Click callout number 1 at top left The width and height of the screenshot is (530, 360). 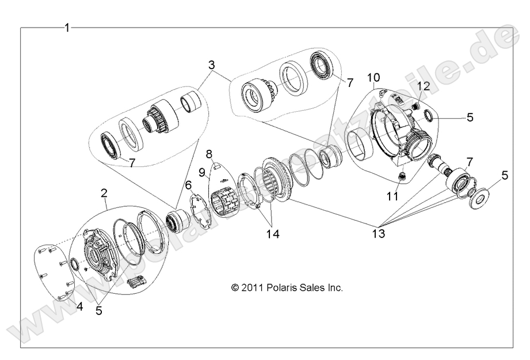coord(67,28)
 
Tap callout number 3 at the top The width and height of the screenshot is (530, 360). coord(212,65)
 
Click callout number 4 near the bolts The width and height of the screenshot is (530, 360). coord(80,307)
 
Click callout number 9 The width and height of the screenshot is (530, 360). coord(203,172)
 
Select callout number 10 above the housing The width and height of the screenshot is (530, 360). coord(374,77)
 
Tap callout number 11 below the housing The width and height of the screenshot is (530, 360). coord(392,196)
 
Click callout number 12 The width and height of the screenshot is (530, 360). coord(424,86)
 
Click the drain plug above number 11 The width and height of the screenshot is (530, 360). coord(401,176)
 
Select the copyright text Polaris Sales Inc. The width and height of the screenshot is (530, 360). coord(287,287)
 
